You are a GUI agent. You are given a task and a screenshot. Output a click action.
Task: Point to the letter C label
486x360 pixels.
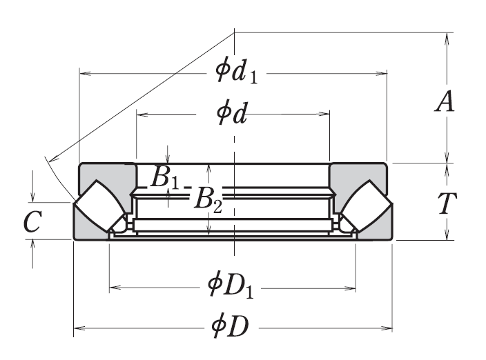pos(32,222)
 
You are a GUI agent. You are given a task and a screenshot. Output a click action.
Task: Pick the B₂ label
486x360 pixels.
pos(207,199)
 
